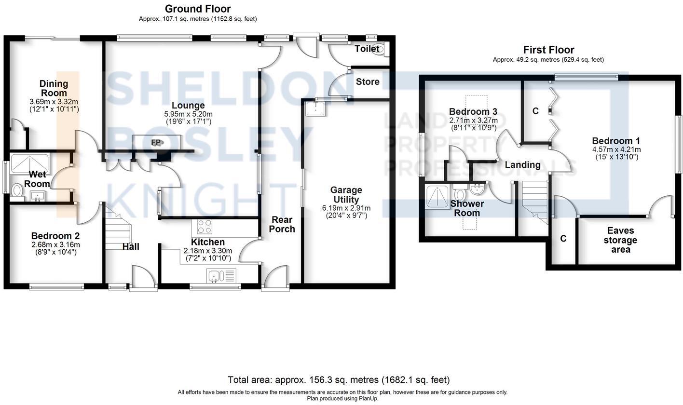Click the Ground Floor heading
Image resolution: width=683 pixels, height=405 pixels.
198,9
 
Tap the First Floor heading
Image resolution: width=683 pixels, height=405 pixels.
548,50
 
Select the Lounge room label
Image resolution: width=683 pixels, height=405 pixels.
188,105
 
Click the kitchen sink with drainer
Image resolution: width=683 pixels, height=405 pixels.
221,276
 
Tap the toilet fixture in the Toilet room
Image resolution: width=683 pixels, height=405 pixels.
380,49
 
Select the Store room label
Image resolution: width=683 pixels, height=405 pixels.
368,81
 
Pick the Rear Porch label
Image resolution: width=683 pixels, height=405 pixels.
282,224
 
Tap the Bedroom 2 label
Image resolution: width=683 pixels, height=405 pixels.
55,236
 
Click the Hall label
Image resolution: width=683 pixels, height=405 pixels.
130,246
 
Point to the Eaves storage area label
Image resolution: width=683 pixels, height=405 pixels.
620,240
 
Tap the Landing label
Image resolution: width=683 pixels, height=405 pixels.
522,165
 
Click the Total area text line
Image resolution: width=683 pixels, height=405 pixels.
339,380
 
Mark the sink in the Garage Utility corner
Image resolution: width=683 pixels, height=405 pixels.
316,109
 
